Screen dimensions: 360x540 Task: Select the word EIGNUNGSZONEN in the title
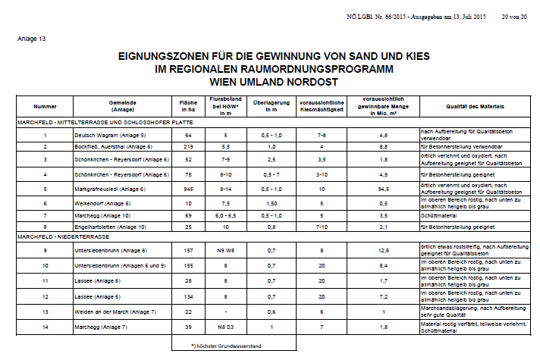[165, 56]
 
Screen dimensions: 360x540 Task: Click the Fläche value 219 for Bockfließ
[188, 146]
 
